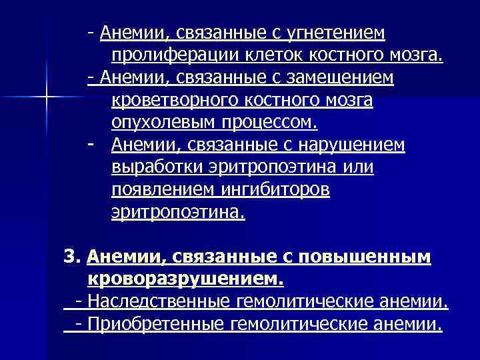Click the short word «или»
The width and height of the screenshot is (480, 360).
359,168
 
